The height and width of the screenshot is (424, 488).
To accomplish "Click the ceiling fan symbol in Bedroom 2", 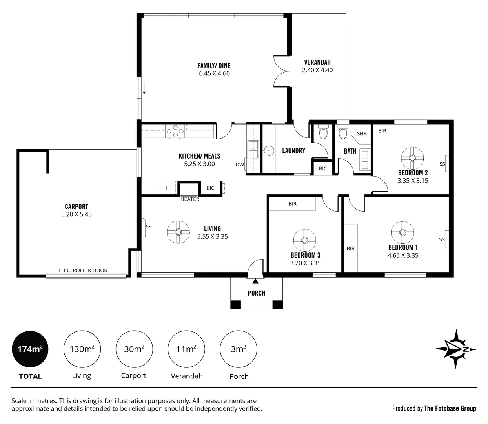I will click(x=412, y=158).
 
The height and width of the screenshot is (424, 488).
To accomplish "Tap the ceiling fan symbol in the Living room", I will click(x=178, y=232).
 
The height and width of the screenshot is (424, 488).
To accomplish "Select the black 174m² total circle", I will click(x=30, y=349).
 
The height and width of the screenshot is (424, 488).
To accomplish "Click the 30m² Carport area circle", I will click(x=134, y=349).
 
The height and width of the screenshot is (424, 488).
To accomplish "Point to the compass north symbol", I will click(x=456, y=349).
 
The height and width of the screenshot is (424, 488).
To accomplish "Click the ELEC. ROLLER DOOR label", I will click(x=83, y=270).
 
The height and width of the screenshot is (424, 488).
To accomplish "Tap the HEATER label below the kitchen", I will click(x=190, y=199).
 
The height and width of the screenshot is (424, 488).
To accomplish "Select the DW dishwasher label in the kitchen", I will click(x=240, y=165).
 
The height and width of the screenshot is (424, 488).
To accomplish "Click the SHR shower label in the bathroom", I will click(x=362, y=134).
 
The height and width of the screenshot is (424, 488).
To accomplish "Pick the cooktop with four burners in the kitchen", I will click(x=175, y=131).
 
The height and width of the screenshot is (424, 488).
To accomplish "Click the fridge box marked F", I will click(x=167, y=188).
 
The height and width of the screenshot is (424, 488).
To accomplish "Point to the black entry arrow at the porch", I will click(x=255, y=281).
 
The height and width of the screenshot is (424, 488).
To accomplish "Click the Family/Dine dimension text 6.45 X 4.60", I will click(x=214, y=73).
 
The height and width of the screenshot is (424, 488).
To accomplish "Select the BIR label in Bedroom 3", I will click(x=293, y=204).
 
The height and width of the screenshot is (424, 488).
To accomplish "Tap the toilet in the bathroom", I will click(x=342, y=133).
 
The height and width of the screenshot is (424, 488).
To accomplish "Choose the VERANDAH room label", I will click(x=317, y=62).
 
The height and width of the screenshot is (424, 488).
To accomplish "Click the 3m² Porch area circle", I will click(x=239, y=349).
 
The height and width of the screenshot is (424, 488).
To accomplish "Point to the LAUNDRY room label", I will click(x=293, y=150).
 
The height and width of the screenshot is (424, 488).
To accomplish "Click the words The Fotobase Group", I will click(x=450, y=408).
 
